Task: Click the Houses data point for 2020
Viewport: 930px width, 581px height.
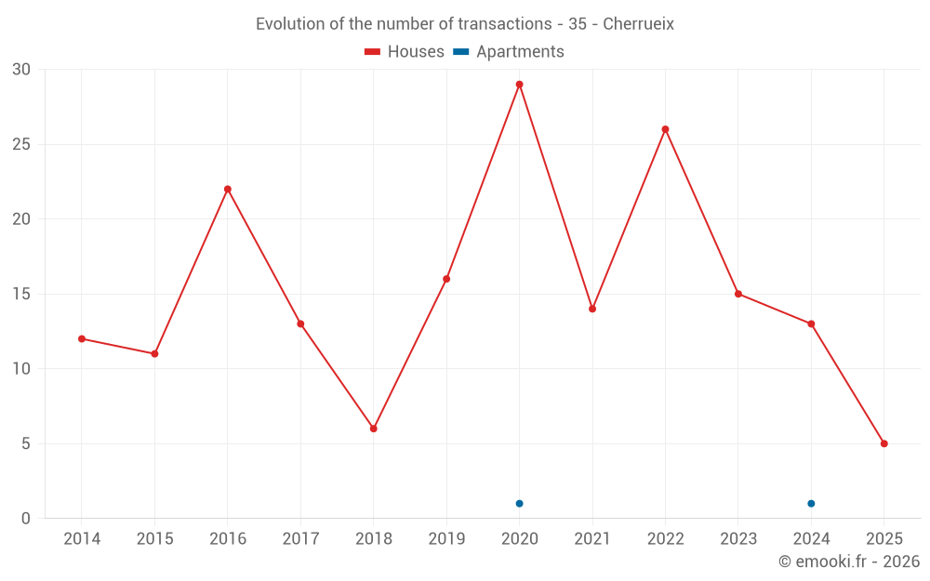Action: pos(519,85)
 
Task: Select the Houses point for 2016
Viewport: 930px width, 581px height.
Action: pos(227,189)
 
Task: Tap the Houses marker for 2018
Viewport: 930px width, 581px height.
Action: pos(373,429)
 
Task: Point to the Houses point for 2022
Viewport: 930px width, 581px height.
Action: pos(665,129)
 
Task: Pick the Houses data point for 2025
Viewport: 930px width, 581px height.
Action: pos(883,443)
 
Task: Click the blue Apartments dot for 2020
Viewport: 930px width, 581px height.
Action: pos(519,504)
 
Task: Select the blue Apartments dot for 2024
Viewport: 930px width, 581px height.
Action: pos(811,504)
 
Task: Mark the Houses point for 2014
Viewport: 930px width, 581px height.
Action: pos(82,338)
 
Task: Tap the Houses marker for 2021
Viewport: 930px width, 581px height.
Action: pos(592,309)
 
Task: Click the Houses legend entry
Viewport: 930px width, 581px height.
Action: pos(405,52)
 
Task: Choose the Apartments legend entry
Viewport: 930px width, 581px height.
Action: pos(510,52)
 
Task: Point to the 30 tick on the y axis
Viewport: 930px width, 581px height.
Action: pos(21,70)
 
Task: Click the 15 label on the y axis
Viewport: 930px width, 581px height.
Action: pos(21,295)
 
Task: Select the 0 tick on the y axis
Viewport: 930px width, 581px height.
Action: pos(26,519)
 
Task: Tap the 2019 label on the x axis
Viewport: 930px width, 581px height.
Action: pos(446,539)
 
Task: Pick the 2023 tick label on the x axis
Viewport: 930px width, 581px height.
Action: pos(738,539)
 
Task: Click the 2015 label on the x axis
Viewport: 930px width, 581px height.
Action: pos(154,539)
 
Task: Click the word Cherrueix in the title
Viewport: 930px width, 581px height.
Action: pos(638,24)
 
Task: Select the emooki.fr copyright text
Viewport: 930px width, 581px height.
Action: pos(849,561)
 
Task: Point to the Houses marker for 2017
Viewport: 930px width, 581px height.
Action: pos(300,324)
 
